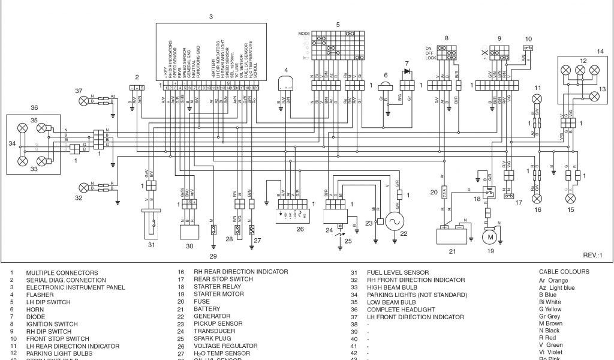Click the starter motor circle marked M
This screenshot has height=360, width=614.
pyautogui.click(x=490, y=238)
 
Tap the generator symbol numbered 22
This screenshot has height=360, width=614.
pyautogui.click(x=395, y=221)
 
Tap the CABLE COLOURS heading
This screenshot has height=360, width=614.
pyautogui.click(x=564, y=272)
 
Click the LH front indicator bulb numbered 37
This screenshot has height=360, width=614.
pyautogui.click(x=84, y=100)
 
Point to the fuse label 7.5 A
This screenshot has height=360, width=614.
pyautogui.click(x=444, y=194)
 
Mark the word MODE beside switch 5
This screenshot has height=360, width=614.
pyautogui.click(x=304, y=34)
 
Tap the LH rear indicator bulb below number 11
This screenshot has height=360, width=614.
pyautogui.click(x=538, y=97)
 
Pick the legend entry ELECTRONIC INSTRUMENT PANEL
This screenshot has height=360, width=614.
pyautogui.click(x=75, y=287)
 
